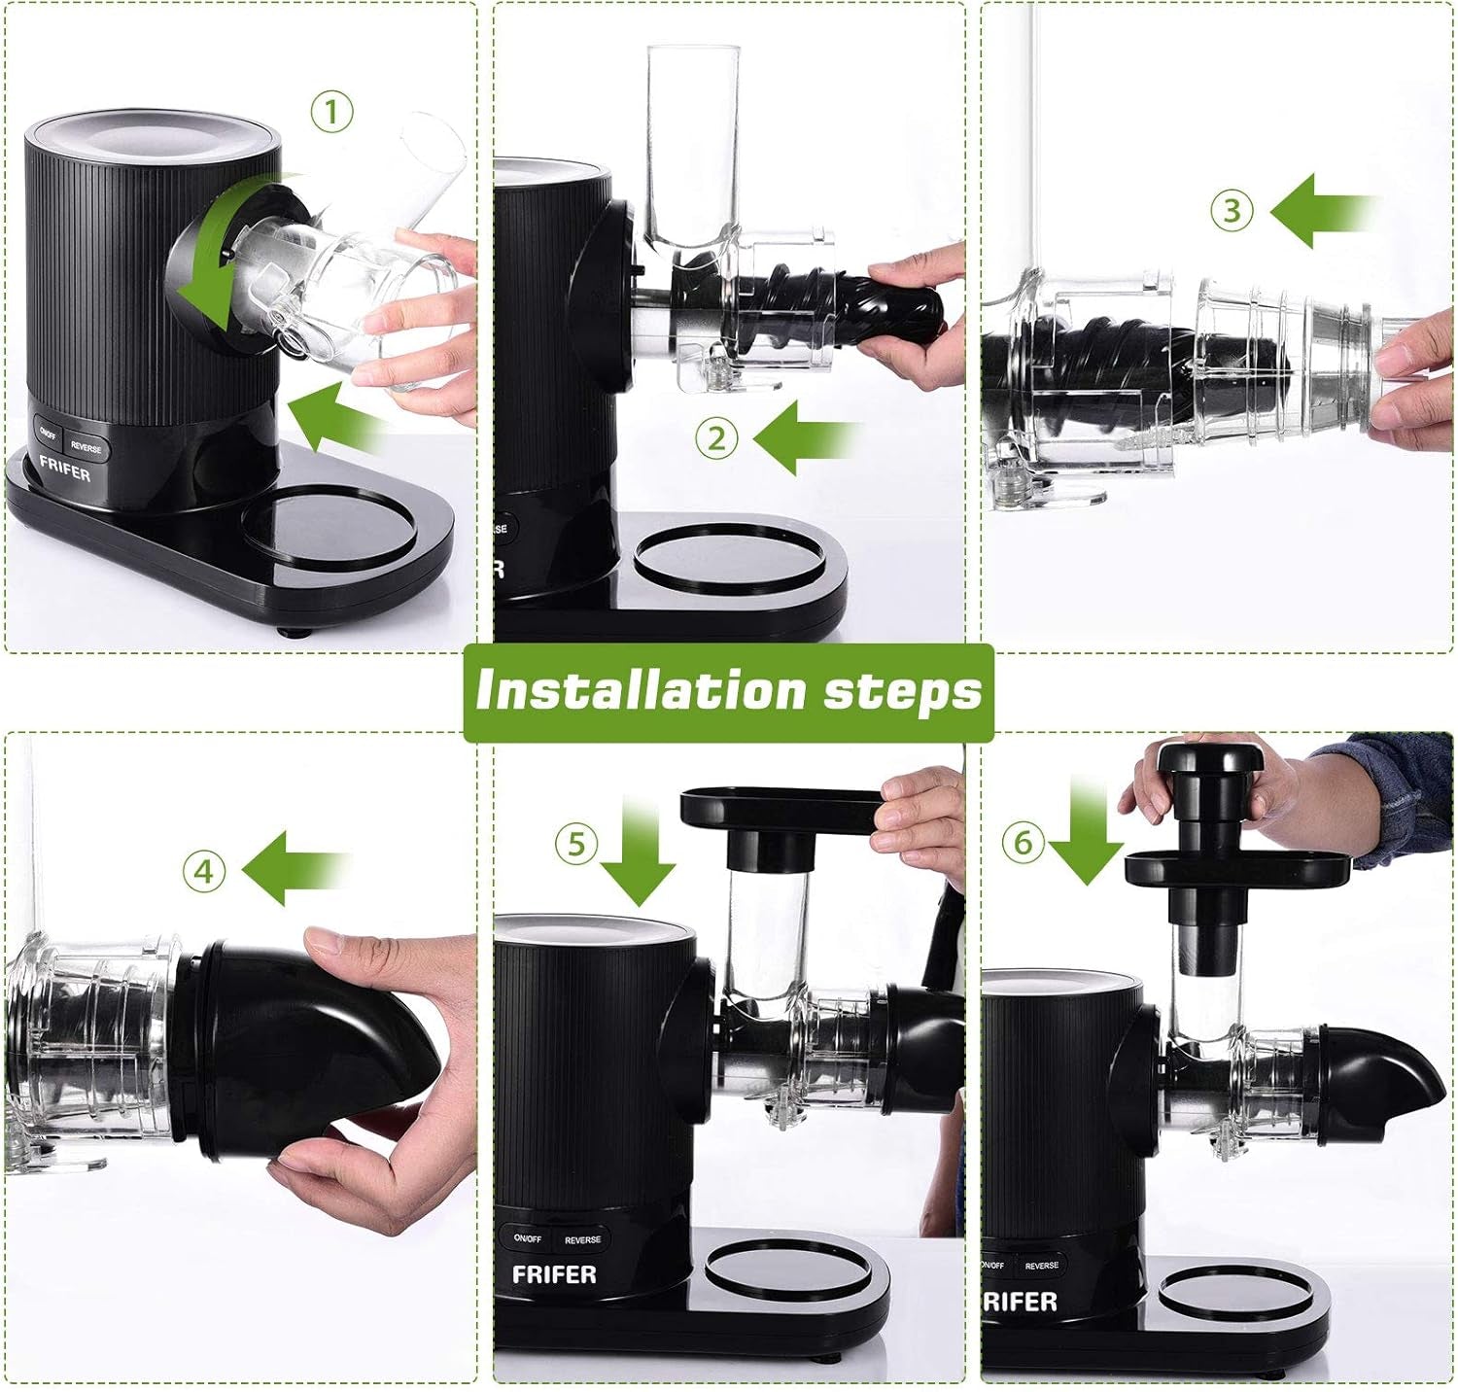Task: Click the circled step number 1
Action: pos(331,114)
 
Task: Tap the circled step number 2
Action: pos(716,439)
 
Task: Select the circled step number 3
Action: pos(1232,211)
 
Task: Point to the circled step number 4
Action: pos(203,871)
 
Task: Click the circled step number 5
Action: pos(576,843)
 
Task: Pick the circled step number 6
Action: pos(1023,842)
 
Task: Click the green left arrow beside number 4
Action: pos(295,868)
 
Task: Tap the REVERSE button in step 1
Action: pos(87,448)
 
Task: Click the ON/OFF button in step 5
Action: pos(527,1238)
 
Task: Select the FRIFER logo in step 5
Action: pos(553,1273)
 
